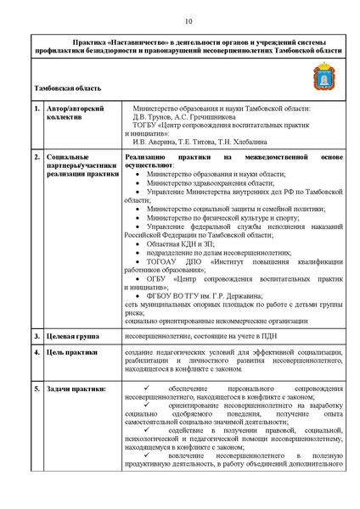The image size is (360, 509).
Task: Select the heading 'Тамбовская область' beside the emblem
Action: pos(68,88)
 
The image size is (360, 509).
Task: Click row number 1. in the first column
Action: pos(37,109)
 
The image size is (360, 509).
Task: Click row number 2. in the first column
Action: pos(37,158)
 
